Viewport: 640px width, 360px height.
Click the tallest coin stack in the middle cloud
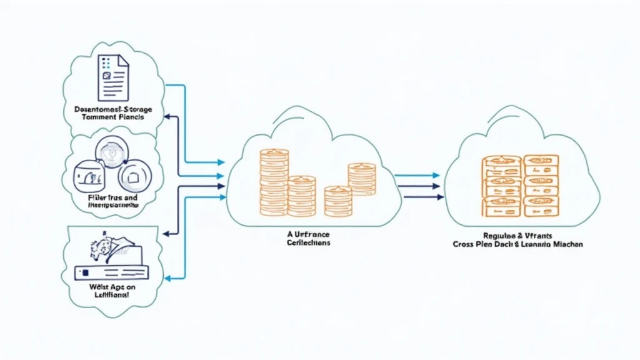point(274,176)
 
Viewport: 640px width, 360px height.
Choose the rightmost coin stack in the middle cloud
point(361,177)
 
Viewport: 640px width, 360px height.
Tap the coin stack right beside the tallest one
point(302,195)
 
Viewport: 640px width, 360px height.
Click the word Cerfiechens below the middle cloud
point(309,242)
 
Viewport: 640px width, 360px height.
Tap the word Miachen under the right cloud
point(567,244)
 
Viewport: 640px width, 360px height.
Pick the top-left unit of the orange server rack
point(501,162)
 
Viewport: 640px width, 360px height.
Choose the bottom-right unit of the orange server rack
point(540,202)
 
